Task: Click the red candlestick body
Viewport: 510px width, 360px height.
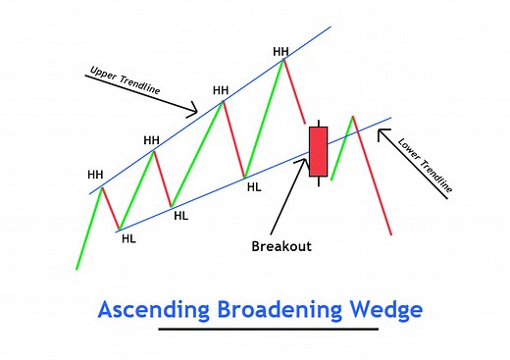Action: tap(317, 151)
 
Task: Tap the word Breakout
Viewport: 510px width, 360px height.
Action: tap(281, 246)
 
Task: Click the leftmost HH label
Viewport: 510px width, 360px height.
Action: tap(95, 175)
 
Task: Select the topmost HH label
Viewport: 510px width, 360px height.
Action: tap(281, 51)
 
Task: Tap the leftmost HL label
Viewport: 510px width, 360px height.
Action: tap(127, 237)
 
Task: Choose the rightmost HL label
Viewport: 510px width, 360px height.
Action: tap(254, 185)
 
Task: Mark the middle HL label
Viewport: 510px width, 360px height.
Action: tap(180, 216)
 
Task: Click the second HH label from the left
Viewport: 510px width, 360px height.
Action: tap(151, 140)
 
